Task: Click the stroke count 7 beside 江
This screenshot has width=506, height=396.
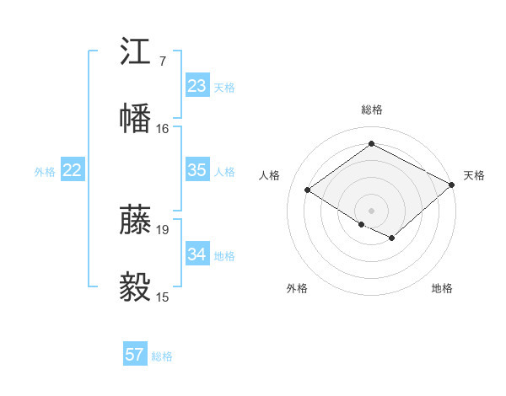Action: point(162,62)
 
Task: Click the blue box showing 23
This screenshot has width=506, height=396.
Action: point(196,86)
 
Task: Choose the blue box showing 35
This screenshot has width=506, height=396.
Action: point(196,170)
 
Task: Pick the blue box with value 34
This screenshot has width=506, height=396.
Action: point(196,254)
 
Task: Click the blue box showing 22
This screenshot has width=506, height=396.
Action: point(73,170)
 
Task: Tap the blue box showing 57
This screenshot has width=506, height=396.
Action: point(134,355)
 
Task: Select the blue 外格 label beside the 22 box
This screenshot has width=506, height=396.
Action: point(45,172)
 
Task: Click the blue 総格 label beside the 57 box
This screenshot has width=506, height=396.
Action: point(162,356)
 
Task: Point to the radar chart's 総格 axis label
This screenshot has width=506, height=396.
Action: point(372,110)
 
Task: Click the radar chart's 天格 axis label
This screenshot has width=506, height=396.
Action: point(474,175)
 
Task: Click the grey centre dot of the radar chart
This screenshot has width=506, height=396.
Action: point(372,210)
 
